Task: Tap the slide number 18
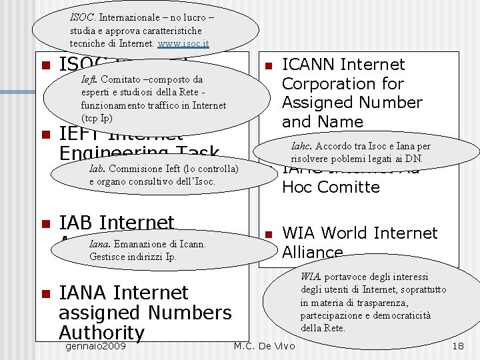point(458,347)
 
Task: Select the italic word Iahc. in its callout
point(301,146)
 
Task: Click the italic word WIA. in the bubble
point(310,277)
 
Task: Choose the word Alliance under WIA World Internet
point(312,252)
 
